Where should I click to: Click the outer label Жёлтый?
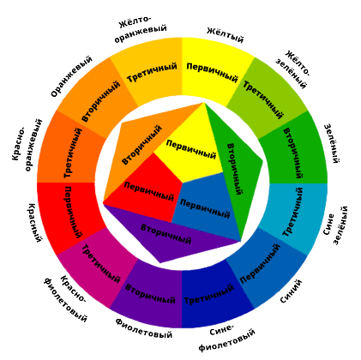coord(225,34)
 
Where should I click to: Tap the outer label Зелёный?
coord(332,143)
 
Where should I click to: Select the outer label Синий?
coord(291,291)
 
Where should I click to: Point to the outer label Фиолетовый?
coord(144,328)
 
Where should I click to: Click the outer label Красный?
coord(35,223)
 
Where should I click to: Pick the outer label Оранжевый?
coord(71,76)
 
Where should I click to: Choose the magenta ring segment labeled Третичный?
coord(99,268)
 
